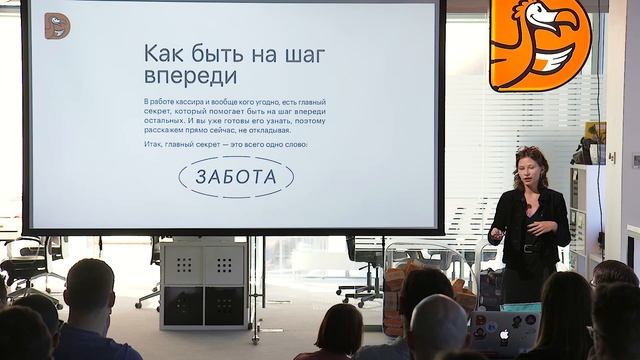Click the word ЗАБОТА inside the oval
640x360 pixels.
click(236, 177)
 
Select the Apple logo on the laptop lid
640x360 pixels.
click(504, 334)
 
